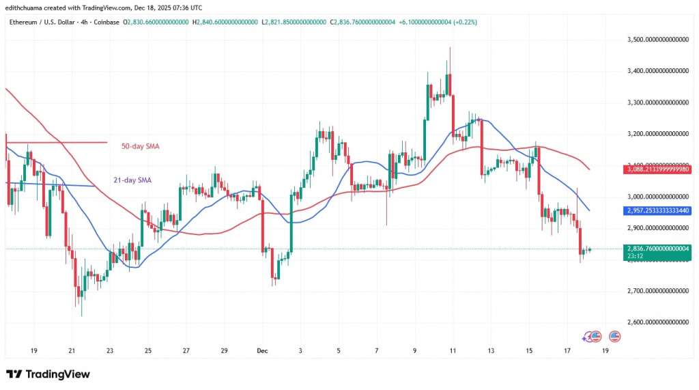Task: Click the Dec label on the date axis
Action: click(262, 350)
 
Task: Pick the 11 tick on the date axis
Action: click(453, 350)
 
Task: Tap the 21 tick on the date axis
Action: click(72, 350)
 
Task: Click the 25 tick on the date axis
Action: click(148, 350)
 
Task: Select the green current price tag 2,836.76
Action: click(658, 249)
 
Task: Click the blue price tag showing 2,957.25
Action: click(658, 212)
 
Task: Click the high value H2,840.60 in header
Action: click(225, 22)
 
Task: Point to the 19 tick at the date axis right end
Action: click(605, 350)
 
